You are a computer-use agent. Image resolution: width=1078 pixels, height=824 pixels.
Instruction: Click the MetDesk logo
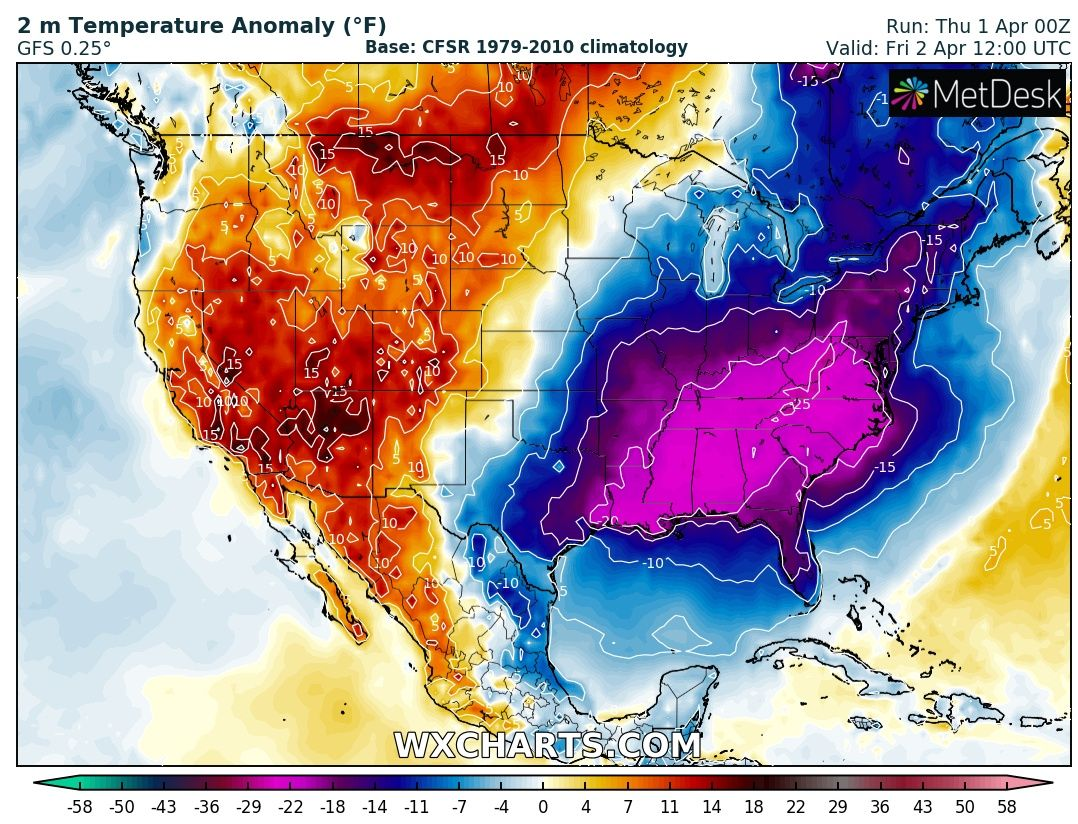pos(977,93)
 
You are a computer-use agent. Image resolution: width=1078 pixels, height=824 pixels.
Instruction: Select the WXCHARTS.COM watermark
pos(547,745)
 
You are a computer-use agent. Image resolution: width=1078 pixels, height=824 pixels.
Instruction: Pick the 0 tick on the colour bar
pos(543,807)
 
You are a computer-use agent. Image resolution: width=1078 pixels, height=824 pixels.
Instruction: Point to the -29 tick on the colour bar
pos(249,807)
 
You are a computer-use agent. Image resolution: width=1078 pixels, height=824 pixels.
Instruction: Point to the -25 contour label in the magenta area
pos(800,404)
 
